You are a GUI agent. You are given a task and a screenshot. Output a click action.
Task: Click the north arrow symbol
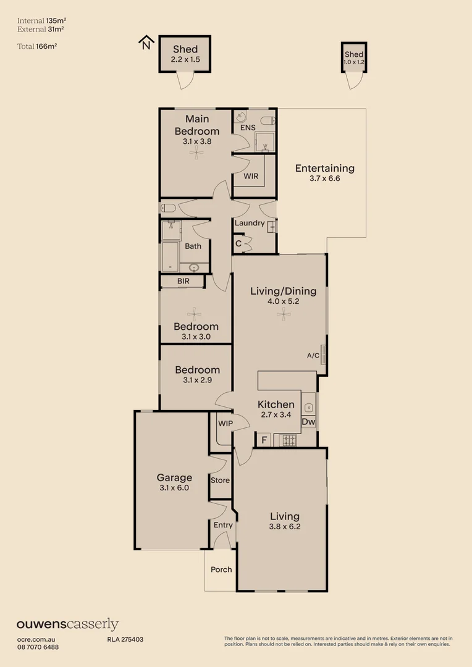click(x=146, y=42)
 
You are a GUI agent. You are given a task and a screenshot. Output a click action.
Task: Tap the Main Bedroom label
click(x=196, y=125)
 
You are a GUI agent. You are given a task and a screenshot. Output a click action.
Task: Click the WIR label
click(x=251, y=176)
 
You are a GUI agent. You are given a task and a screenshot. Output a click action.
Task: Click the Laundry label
click(x=250, y=223)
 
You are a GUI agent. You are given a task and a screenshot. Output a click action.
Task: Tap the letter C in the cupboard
click(x=238, y=244)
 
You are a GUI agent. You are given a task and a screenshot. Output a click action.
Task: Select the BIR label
click(x=183, y=281)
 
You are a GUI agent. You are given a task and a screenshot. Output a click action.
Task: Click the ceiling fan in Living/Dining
click(x=283, y=315)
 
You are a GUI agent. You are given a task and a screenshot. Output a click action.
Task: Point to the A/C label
click(x=313, y=356)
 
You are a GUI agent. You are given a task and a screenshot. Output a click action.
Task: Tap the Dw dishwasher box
click(x=308, y=422)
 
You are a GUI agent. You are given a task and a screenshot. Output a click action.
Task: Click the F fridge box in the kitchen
click(x=264, y=440)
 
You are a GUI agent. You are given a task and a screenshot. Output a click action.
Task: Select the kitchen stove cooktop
click(x=289, y=440)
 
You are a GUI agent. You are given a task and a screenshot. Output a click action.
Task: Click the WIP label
click(x=225, y=424)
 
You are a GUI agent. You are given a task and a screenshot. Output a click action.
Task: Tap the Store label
click(x=220, y=480)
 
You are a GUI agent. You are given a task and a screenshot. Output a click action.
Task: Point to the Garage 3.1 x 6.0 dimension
click(x=174, y=487)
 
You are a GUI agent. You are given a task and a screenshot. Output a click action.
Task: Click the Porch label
click(x=221, y=569)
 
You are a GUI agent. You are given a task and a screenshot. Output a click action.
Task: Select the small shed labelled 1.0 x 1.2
click(x=354, y=58)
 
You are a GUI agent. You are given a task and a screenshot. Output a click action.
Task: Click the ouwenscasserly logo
click(x=67, y=624)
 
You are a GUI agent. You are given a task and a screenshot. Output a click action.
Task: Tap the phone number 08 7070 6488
click(x=38, y=647)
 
